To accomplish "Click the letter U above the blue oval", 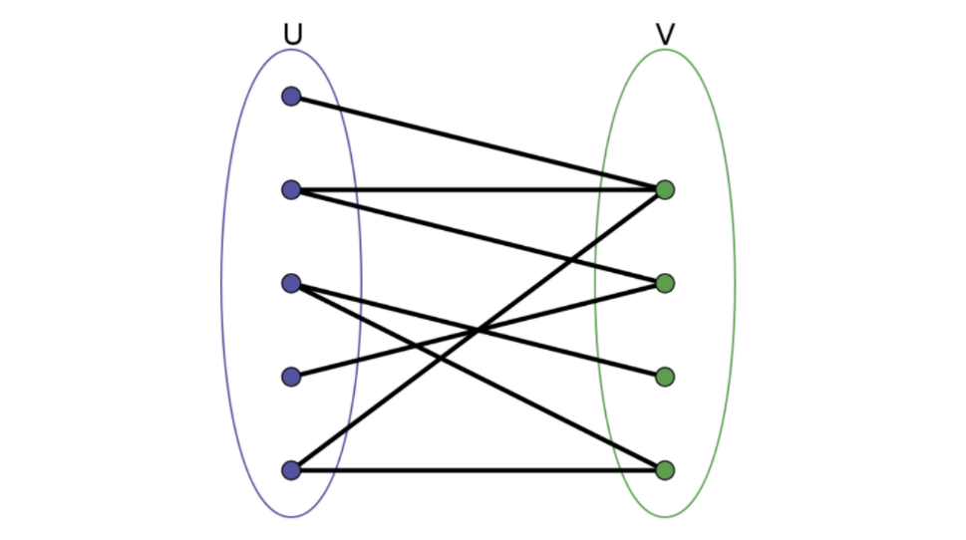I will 292,35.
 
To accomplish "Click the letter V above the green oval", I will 665,35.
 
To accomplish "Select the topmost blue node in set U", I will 291,97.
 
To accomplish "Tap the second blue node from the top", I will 291,189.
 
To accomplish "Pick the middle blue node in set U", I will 291,283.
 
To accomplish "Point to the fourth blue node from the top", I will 291,377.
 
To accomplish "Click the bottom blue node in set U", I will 291,469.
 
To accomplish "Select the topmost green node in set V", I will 665,189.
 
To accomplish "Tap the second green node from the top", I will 665,283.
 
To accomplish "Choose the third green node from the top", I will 665,377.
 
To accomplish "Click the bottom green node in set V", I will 665,469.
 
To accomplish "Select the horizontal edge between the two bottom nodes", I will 479,469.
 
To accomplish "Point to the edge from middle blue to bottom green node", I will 399,337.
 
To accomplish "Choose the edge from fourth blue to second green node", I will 399,350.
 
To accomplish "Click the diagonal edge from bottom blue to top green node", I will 399,389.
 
